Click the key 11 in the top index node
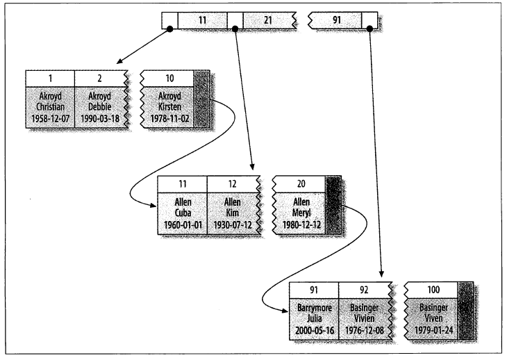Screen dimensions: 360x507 click(x=203, y=20)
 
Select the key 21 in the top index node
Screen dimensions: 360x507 click(x=267, y=20)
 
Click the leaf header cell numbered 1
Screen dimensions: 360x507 click(x=49, y=77)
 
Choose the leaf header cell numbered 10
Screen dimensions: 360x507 click(x=167, y=77)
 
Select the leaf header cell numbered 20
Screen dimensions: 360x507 click(x=300, y=185)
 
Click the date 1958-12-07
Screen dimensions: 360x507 click(x=49, y=118)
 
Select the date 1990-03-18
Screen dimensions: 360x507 click(x=99, y=118)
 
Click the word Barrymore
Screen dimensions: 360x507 click(x=313, y=308)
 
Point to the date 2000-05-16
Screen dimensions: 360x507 click(x=313, y=331)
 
